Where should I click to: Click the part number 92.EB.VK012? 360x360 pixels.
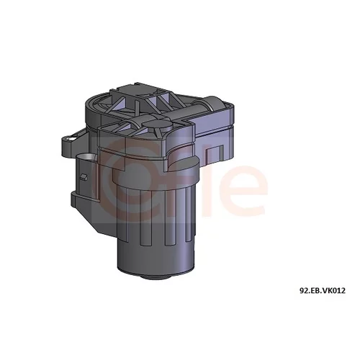click(x=323, y=291)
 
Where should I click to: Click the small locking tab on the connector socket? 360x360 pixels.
click(x=84, y=177)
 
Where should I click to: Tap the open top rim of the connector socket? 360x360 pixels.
click(x=86, y=157)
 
